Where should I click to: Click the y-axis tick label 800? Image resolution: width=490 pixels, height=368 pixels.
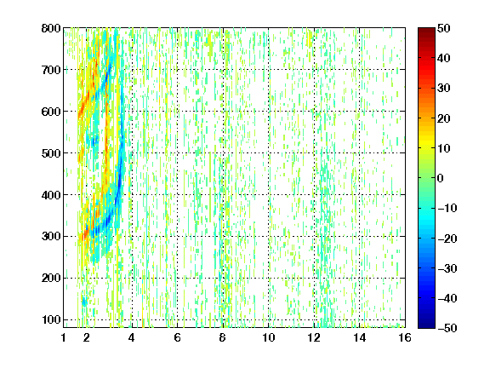tap(51, 28)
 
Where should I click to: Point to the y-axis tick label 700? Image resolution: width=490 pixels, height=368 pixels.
tap(51, 70)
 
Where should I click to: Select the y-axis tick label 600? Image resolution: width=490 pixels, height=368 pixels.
tap(51, 112)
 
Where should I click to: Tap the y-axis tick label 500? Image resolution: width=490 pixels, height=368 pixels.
tap(51, 153)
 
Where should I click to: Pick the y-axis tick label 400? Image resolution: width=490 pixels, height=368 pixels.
tap(51, 195)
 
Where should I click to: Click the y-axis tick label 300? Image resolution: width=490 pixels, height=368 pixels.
tap(51, 236)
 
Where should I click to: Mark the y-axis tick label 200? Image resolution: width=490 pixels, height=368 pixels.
tap(51, 278)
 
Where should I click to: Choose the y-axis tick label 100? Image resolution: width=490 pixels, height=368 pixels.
tap(51, 319)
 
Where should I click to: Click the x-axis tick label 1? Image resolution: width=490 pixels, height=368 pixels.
tap(64, 337)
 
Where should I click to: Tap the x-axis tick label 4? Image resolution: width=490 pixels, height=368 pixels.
tap(131, 337)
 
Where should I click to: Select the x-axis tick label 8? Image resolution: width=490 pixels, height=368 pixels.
tap(222, 337)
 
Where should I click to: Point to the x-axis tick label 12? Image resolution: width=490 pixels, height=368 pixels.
tap(313, 337)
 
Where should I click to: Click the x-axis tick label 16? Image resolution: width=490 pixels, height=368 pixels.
tap(405, 337)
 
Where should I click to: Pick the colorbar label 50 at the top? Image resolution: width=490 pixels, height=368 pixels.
tap(443, 28)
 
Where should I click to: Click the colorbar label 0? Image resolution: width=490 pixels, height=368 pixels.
tap(441, 178)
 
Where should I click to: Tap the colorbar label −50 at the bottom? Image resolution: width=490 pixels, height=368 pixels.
tap(447, 328)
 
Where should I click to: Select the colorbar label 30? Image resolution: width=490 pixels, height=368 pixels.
tap(443, 89)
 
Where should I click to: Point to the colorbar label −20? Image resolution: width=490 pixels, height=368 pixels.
tap(447, 239)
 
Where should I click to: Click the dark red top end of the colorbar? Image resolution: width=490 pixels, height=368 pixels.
tap(426, 31)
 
